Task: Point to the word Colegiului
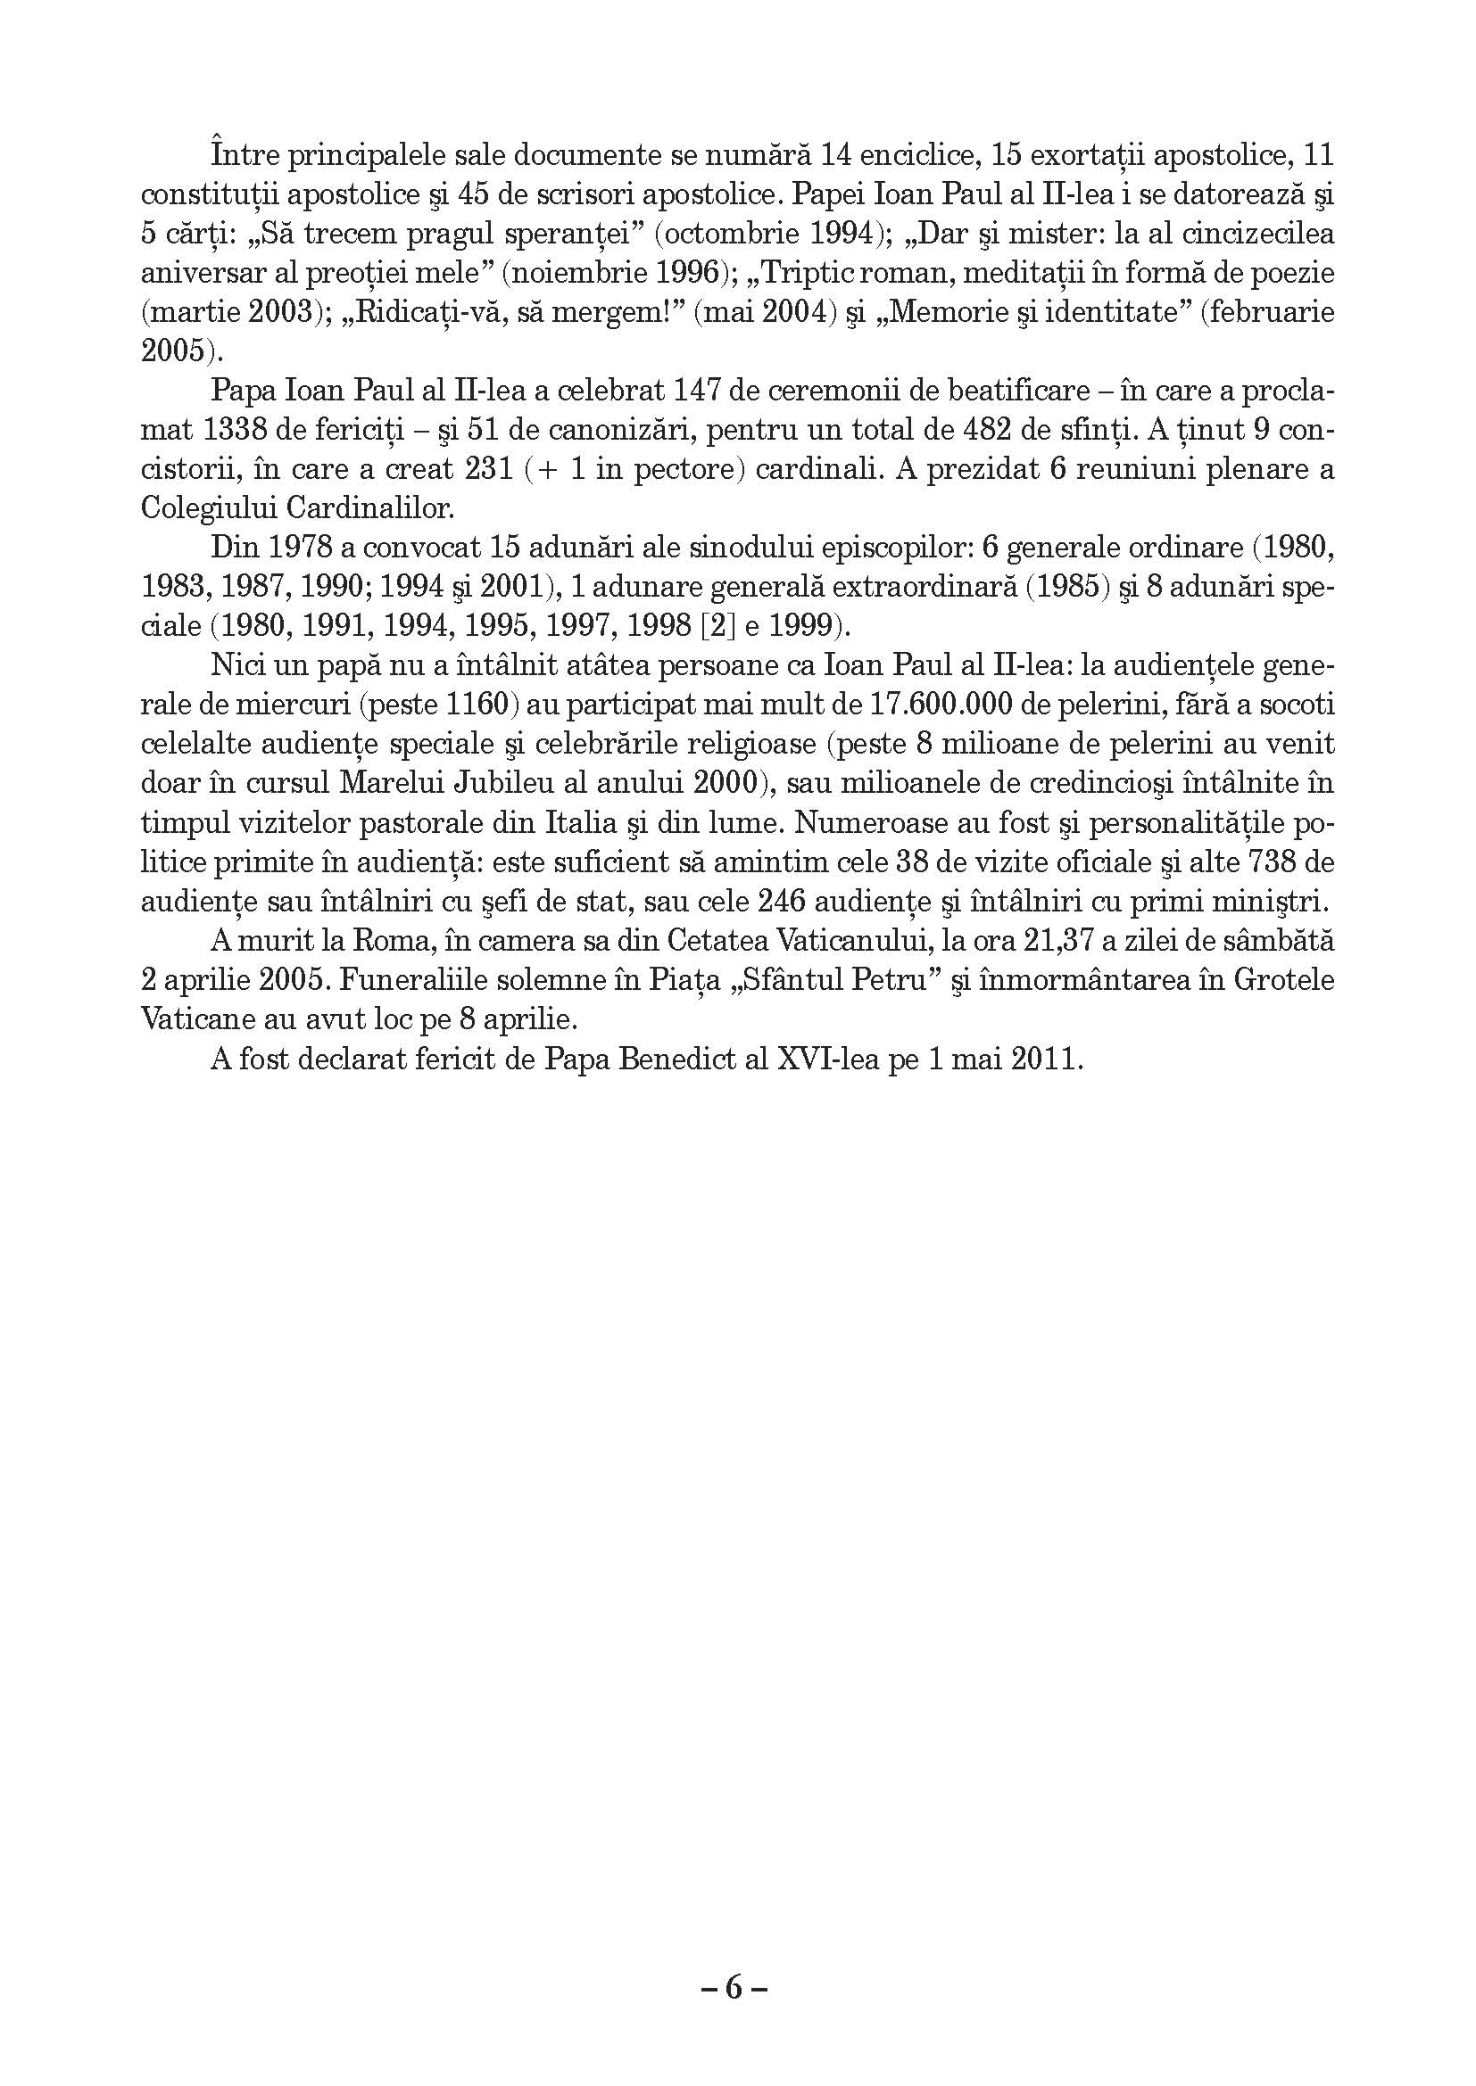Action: (209, 508)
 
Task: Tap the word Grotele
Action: (1283, 981)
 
